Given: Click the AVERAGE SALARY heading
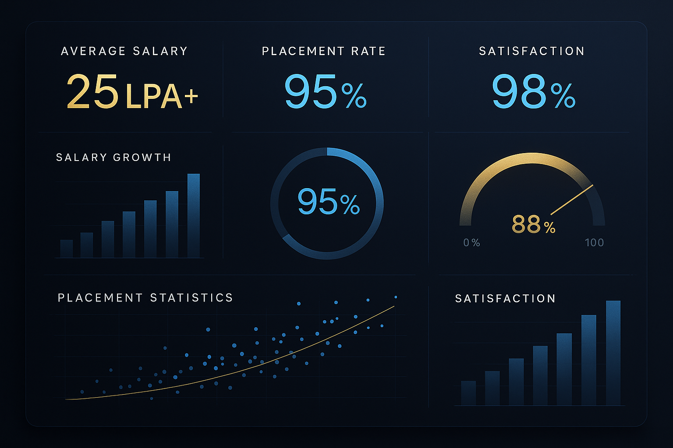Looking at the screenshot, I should [124, 51].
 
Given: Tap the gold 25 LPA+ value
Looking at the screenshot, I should [132, 92].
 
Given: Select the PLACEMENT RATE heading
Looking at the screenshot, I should [323, 51].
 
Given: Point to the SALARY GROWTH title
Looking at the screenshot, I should [113, 157].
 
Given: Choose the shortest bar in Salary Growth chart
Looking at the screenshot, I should [67, 248].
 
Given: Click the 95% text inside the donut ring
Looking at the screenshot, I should [328, 202].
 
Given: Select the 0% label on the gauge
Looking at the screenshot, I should [471, 243].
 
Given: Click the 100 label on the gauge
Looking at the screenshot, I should [594, 243].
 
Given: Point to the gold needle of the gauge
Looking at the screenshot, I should [572, 199].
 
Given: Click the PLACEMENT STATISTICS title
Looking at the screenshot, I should [145, 298].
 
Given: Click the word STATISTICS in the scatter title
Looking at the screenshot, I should [191, 298].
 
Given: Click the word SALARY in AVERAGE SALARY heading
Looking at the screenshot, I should [160, 51].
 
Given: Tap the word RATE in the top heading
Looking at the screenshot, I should [368, 51].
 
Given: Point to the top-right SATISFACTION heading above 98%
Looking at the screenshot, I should [531, 51].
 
